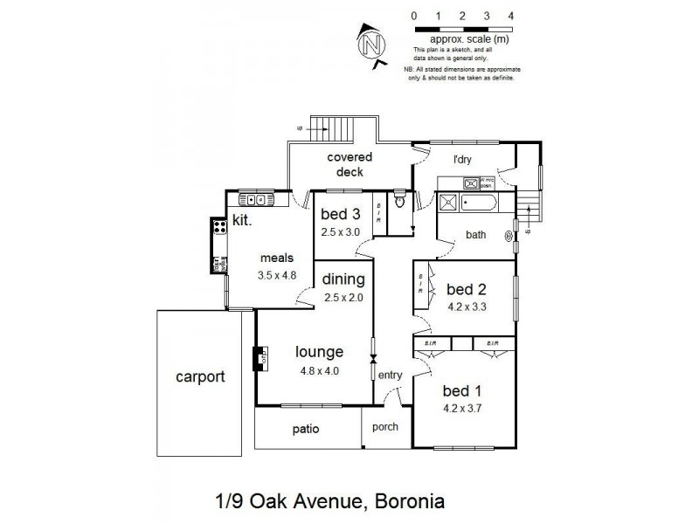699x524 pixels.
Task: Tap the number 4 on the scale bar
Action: [x=510, y=16]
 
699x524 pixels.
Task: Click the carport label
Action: [x=200, y=377]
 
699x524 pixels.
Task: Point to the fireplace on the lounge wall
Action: [x=260, y=359]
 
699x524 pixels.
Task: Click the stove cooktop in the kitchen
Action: [x=219, y=229]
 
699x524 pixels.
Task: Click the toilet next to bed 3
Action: [x=398, y=202]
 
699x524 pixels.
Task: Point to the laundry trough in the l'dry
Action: [x=471, y=183]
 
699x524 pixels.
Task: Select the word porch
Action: [x=384, y=427]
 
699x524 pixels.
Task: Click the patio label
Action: [x=306, y=429]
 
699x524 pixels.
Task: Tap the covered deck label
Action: [x=349, y=164]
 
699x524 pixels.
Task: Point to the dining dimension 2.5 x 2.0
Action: [x=343, y=297]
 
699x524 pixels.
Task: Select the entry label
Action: [x=390, y=375]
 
